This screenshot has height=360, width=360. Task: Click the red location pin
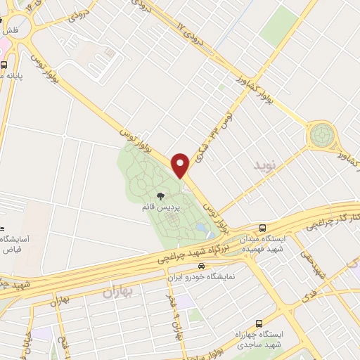pyautogui.click(x=181, y=165)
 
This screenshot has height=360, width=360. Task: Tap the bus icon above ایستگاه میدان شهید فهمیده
pyautogui.click(x=262, y=228)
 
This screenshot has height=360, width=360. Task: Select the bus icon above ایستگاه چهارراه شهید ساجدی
pyautogui.click(x=259, y=323)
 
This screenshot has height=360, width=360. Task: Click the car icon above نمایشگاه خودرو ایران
pyautogui.click(x=202, y=266)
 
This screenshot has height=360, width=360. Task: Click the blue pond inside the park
pyautogui.click(x=202, y=229)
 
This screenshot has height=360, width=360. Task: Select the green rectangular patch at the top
pyautogui.click(x=279, y=26)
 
